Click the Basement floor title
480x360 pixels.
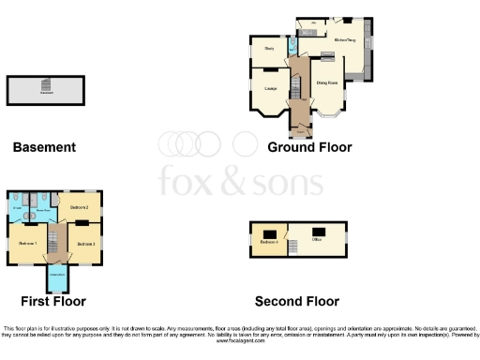pyautogui.click(x=44, y=147)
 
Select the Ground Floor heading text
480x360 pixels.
pyautogui.click(x=309, y=147)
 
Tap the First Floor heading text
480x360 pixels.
pyautogui.click(x=53, y=301)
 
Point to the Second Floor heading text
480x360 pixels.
pyautogui.click(x=297, y=301)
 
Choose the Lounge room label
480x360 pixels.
pyautogui.click(x=270, y=89)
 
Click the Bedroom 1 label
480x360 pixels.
pyautogui.click(x=26, y=243)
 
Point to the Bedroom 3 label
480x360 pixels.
pyautogui.click(x=85, y=243)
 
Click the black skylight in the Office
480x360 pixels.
pyautogui.click(x=319, y=231)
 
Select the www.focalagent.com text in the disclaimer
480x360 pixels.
pyautogui.click(x=240, y=341)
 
